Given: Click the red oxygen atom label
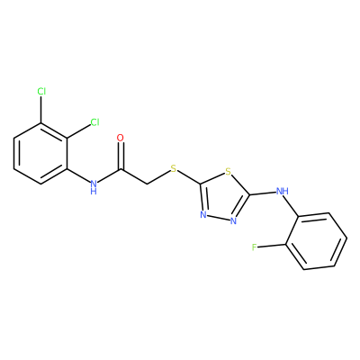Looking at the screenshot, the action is (120, 138).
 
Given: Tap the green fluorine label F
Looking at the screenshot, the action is (255, 247).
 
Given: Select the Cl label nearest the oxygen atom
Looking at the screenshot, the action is (94, 122).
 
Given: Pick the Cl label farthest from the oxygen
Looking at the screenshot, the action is (41, 91).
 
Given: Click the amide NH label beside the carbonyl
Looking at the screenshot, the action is (94, 187).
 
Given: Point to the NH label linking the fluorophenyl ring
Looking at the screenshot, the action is (282, 191).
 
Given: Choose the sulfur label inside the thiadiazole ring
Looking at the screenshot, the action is (229, 172).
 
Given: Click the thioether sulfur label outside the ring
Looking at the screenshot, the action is (174, 168).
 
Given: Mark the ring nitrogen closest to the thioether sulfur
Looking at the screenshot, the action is (203, 215).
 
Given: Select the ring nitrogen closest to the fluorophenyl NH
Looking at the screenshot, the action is (234, 221).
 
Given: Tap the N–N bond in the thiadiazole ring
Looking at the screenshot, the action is (219, 218).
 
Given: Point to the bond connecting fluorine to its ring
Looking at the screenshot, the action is (271, 246).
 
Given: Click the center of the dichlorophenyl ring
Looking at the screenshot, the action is (40, 154).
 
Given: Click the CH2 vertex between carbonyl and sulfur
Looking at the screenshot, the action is (147, 184).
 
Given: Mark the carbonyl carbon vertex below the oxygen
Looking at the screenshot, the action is (121, 170).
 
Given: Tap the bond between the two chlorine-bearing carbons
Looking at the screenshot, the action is (54, 130).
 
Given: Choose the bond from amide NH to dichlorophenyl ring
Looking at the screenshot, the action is (78, 175).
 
